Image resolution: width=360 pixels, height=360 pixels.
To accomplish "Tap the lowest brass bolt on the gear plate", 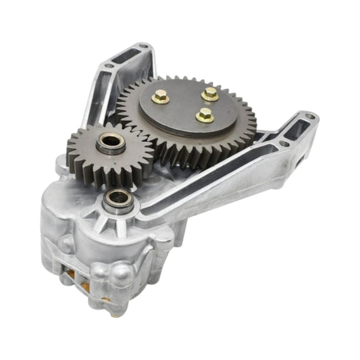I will (x=205, y=115).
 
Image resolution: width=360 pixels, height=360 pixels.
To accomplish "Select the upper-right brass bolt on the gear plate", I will (x=210, y=93).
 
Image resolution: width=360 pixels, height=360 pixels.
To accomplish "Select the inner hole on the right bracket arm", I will (x=282, y=144).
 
